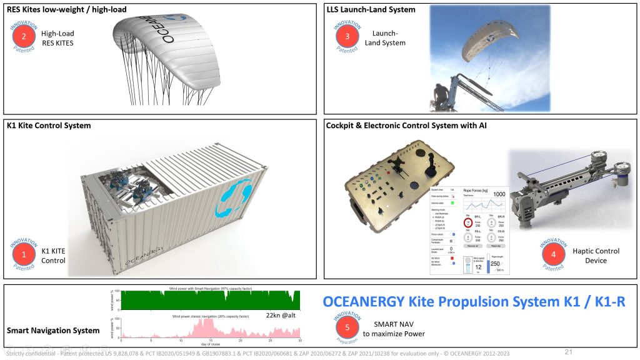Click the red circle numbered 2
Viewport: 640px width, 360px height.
(x=24, y=36)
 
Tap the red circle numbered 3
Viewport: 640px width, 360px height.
(x=347, y=36)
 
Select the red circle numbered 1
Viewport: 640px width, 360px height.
(x=24, y=254)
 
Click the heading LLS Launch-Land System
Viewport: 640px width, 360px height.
(x=371, y=9)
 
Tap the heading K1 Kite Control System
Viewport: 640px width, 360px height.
(x=49, y=126)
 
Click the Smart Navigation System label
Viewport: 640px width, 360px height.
(x=53, y=330)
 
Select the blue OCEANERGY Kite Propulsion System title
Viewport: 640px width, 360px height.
(x=474, y=302)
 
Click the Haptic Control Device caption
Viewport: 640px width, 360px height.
(x=596, y=256)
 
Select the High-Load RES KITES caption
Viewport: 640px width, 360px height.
(x=57, y=38)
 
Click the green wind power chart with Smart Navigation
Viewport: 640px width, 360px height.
(x=211, y=300)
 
